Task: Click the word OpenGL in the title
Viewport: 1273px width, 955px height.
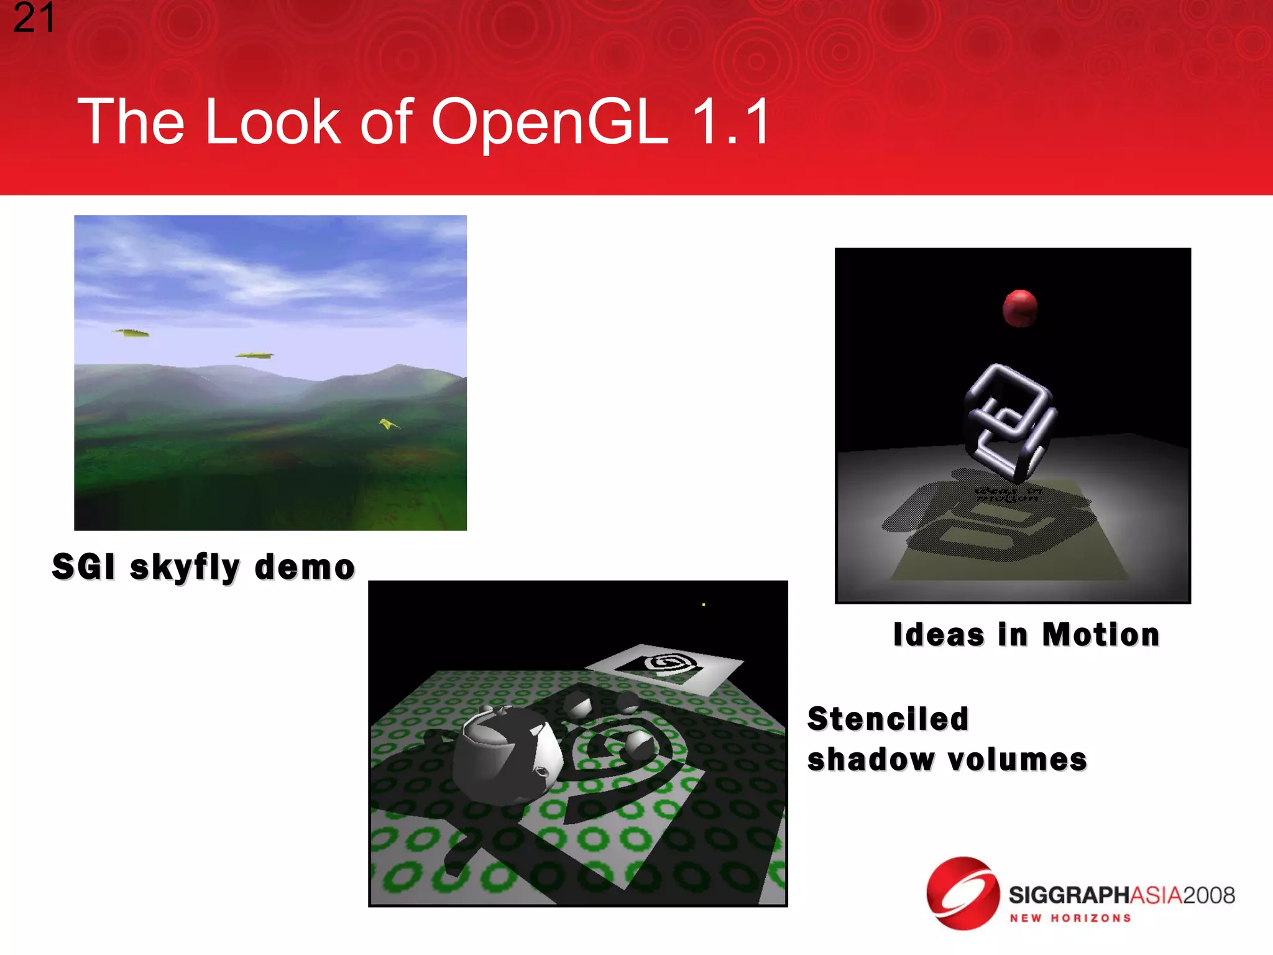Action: (x=549, y=122)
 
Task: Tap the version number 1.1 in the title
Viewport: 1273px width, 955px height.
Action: (x=731, y=122)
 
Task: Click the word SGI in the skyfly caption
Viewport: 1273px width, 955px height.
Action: (x=84, y=567)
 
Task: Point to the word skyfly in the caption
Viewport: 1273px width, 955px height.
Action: (x=185, y=568)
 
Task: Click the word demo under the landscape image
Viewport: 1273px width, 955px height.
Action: (x=305, y=567)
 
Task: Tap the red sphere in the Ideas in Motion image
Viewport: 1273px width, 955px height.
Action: (x=1019, y=308)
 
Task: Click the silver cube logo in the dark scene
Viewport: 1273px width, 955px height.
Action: (x=1008, y=422)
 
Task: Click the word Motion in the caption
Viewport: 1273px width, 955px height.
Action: (x=1101, y=635)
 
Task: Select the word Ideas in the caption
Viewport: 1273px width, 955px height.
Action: (x=939, y=635)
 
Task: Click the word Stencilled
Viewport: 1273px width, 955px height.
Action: (x=888, y=719)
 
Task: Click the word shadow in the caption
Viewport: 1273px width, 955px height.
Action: (x=870, y=760)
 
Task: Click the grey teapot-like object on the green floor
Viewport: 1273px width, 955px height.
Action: (x=503, y=755)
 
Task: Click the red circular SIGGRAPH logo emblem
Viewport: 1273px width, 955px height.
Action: (x=962, y=893)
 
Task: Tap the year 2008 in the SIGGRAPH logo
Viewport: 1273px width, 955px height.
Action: (x=1208, y=895)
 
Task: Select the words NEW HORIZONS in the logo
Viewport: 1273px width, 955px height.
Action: (x=1070, y=918)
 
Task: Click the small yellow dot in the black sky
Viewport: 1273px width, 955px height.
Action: (x=703, y=604)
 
